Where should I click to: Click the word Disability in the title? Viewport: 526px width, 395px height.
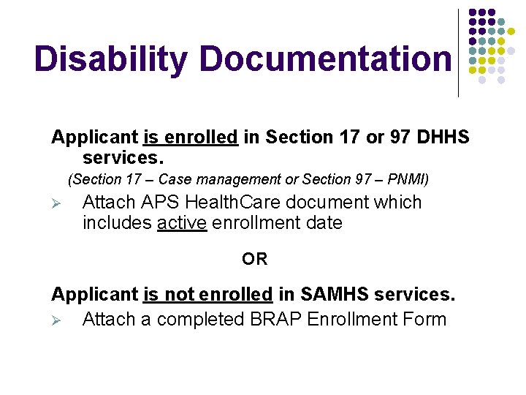coord(111,59)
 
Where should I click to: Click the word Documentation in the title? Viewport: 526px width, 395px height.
coord(325,59)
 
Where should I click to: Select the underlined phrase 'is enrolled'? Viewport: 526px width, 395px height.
coord(191,137)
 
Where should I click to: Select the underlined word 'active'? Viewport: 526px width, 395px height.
coord(182,223)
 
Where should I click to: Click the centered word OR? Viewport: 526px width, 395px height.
coord(255,259)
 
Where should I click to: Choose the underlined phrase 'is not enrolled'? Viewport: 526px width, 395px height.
coord(207,295)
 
